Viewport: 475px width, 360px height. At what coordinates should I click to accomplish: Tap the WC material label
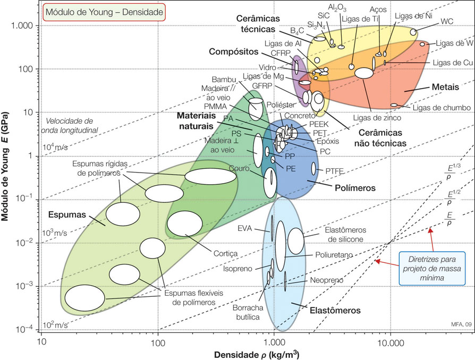pyautogui.click(x=447, y=22)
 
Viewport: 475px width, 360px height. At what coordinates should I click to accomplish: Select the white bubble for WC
pyautogui.click(x=413, y=32)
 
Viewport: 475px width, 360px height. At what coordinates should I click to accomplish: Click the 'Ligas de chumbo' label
pyautogui.click(x=442, y=108)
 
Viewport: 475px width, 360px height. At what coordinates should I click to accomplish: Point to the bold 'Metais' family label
pyautogui.click(x=442, y=86)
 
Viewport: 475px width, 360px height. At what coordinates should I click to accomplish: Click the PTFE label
pyautogui.click(x=335, y=170)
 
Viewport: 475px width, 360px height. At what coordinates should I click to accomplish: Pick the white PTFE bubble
pyautogui.click(x=313, y=169)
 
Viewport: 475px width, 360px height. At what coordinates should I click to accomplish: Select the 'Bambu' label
pyautogui.click(x=224, y=80)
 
